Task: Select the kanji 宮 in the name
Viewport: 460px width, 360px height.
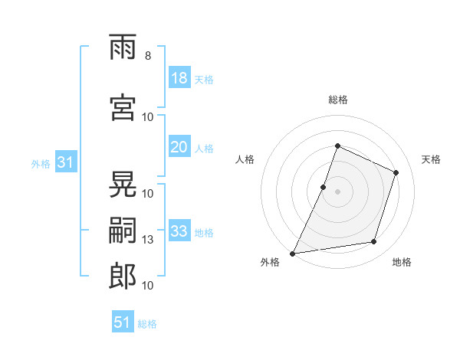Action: click(123, 110)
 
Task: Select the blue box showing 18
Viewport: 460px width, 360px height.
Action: click(179, 78)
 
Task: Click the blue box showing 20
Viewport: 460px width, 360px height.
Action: click(179, 148)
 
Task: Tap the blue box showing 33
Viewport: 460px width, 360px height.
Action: click(179, 231)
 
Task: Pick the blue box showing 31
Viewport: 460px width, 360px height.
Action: click(65, 162)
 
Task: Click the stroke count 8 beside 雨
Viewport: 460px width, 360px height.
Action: click(147, 56)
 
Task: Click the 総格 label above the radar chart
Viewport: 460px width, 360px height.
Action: click(337, 100)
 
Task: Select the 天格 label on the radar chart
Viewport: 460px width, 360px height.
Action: click(431, 159)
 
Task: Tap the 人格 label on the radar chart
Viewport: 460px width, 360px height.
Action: click(245, 159)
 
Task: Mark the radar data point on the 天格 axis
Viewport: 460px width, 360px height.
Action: click(396, 172)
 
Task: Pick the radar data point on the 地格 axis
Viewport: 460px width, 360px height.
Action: click(374, 242)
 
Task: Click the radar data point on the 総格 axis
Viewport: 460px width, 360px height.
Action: click(337, 146)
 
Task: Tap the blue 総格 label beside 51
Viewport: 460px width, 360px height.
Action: click(147, 324)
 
